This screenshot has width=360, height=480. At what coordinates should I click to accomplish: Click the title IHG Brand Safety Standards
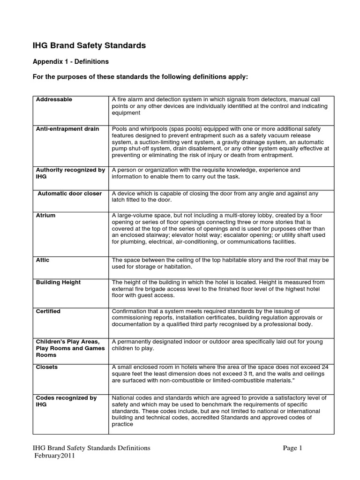click(89, 45)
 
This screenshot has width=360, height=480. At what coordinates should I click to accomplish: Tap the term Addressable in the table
click(54, 99)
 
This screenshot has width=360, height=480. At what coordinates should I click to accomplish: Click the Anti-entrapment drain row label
click(67, 129)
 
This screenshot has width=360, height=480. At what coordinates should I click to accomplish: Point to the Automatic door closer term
click(69, 194)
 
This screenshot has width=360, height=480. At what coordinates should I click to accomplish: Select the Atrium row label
click(45, 215)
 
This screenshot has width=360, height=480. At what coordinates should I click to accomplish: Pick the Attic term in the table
click(43, 260)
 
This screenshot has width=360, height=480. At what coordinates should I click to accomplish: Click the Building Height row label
click(58, 282)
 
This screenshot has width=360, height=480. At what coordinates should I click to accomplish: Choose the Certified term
click(48, 311)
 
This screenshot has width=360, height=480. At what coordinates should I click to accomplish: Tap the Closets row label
click(47, 367)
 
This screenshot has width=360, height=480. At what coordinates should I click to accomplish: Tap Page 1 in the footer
click(293, 448)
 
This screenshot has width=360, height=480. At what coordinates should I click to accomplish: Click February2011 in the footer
click(55, 456)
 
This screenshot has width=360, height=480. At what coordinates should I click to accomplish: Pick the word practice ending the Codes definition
click(122, 425)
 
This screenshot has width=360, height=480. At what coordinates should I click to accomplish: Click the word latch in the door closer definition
click(119, 200)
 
